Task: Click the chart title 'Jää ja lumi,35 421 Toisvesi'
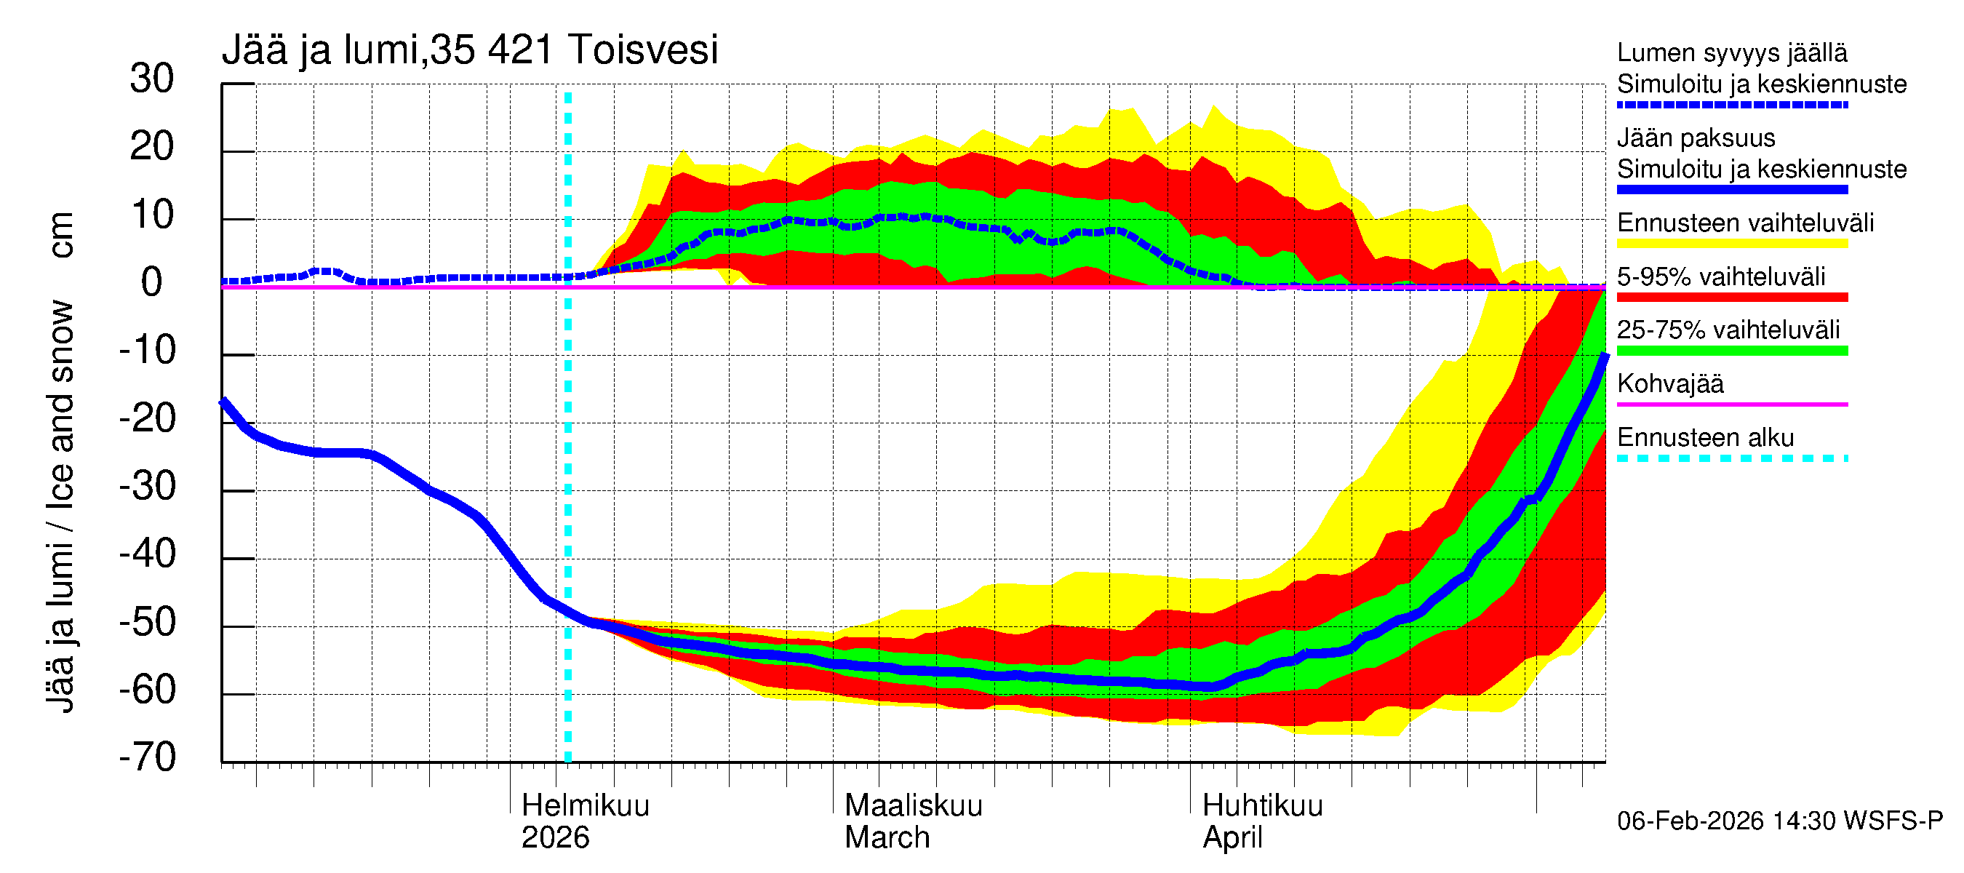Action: (470, 50)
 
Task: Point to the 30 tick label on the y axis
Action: (152, 79)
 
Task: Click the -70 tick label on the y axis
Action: (148, 758)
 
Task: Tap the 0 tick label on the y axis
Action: (152, 283)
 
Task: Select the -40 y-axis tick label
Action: (148, 554)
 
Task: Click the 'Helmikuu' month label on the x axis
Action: (585, 806)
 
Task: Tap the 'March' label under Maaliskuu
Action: (887, 838)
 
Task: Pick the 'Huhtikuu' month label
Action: (1262, 806)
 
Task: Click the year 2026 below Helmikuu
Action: (555, 838)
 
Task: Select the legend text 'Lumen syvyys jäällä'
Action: (1731, 53)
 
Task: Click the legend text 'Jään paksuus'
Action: (1696, 138)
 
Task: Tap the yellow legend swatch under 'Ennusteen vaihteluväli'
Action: (1731, 244)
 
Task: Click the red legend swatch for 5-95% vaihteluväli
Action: (1731, 298)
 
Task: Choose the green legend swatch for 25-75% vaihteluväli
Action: (1731, 351)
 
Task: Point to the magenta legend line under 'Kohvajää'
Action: (1731, 404)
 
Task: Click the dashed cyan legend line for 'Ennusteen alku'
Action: (1731, 458)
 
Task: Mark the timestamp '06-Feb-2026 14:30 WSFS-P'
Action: (1779, 821)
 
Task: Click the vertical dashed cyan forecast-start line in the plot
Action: (567, 458)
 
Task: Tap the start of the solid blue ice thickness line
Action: (223, 401)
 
